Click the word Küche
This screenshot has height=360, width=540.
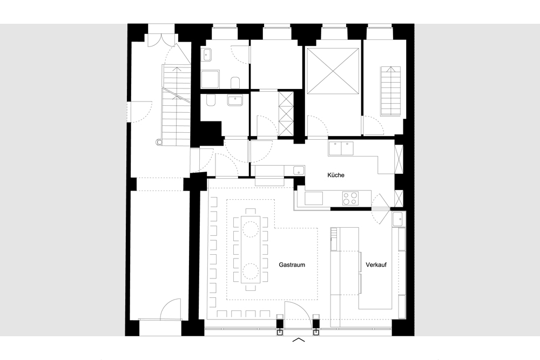[x=336, y=175]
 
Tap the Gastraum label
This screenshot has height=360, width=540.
[x=292, y=265]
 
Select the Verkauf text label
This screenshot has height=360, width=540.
[x=376, y=265]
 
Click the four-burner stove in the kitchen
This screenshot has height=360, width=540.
[x=350, y=198]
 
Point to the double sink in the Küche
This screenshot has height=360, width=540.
[x=341, y=148]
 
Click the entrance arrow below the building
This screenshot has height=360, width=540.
[x=299, y=341]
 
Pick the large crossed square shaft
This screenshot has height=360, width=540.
[x=333, y=71]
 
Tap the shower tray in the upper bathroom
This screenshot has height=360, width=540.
[x=210, y=79]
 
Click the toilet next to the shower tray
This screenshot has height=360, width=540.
[x=235, y=83]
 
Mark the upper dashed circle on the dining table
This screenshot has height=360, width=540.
[x=251, y=229]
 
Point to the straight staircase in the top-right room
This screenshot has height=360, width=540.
[x=391, y=91]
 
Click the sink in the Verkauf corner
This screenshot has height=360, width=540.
[x=399, y=219]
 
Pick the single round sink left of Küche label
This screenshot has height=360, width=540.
[x=298, y=170]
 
